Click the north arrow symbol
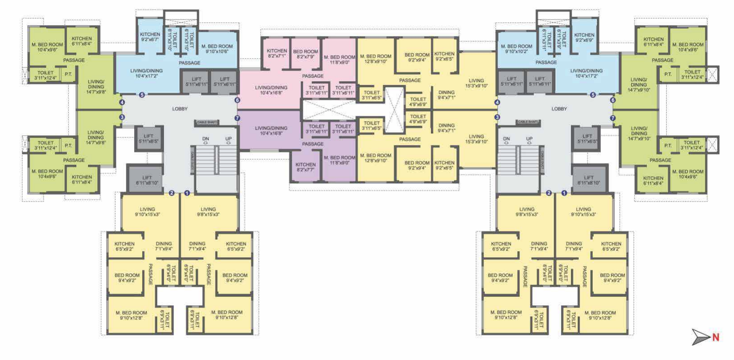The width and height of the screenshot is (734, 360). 700,337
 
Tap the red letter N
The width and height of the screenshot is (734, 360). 716,337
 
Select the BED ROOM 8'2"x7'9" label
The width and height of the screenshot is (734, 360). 306,54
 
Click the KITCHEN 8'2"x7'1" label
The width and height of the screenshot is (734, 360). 277,53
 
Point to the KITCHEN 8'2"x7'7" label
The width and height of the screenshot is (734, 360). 306,167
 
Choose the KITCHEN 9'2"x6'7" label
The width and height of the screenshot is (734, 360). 150,37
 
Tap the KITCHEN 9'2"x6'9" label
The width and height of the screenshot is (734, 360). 584,37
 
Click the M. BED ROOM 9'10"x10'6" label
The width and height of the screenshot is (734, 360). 217,48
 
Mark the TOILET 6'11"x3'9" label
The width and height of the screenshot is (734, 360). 561,40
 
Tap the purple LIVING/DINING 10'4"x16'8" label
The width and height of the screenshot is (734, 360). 271,131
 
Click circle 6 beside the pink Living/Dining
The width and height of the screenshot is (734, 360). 237,100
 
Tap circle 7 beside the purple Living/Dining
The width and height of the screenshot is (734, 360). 237,119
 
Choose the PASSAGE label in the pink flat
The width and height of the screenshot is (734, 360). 313,76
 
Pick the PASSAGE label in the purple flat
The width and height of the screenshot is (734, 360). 313,144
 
